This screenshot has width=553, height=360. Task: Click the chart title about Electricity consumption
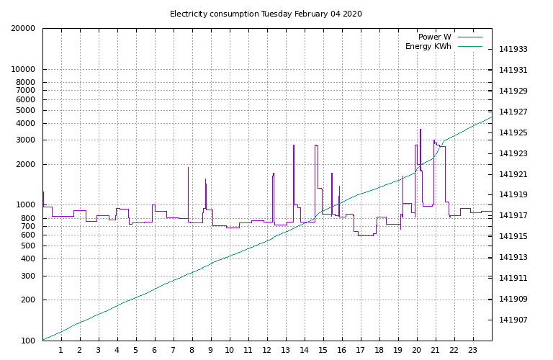[x=266, y=14]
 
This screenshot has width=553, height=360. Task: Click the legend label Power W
[x=434, y=37]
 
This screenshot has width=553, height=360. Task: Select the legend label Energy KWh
[x=428, y=46]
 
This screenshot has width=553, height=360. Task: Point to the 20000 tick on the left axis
[x=23, y=29]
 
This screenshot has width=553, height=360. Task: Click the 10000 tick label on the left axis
[x=23, y=70]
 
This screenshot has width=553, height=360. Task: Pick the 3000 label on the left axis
[x=26, y=140]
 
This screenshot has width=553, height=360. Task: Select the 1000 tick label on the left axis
[x=26, y=205]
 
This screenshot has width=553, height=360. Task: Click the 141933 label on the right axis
[x=513, y=50]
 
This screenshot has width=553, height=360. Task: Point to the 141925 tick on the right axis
[x=513, y=133]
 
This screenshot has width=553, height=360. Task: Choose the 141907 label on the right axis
[x=513, y=320]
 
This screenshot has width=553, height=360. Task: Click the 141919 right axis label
[x=513, y=195]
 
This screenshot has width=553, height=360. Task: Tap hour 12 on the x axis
[x=266, y=351]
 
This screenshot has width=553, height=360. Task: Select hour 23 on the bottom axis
[x=473, y=351]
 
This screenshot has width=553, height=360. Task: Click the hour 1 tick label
[x=61, y=351]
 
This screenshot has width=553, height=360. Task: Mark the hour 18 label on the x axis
[x=379, y=351]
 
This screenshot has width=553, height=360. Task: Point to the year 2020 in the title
[x=351, y=14]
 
